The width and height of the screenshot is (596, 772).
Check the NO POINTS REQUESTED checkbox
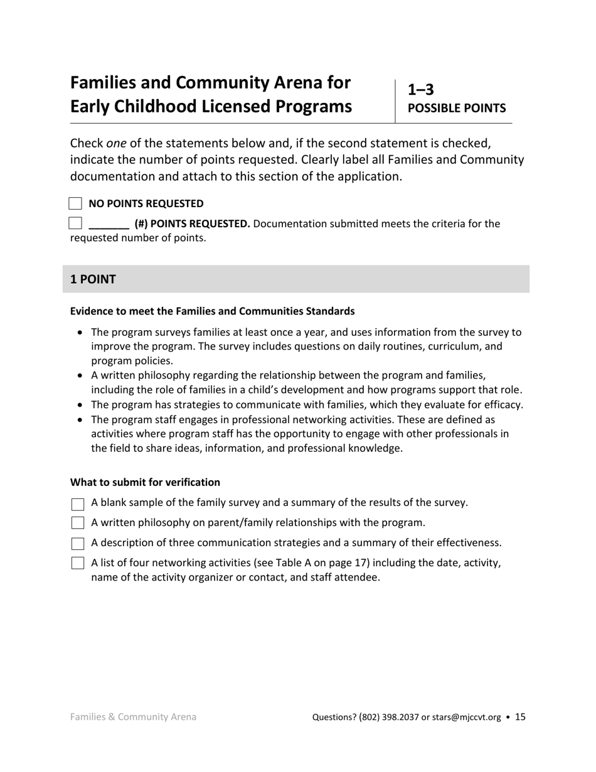75,203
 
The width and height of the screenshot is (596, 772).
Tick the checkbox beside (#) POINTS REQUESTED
75,223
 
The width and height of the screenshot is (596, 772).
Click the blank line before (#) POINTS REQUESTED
109,224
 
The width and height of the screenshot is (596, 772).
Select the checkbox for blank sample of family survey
78,504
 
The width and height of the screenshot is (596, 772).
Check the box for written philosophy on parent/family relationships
78,523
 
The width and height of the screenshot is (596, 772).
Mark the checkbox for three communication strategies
78,544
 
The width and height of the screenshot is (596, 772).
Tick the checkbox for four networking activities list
78,563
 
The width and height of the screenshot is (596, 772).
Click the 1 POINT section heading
93,279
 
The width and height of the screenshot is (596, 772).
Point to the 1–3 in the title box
421,89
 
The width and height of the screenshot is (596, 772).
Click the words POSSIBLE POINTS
457,108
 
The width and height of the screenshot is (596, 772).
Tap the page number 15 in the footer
520,717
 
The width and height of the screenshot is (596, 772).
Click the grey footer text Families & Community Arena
133,717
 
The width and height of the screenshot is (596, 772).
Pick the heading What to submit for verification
145,482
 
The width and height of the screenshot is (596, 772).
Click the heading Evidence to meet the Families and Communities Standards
212,311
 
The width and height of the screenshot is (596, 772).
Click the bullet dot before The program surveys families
80,333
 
